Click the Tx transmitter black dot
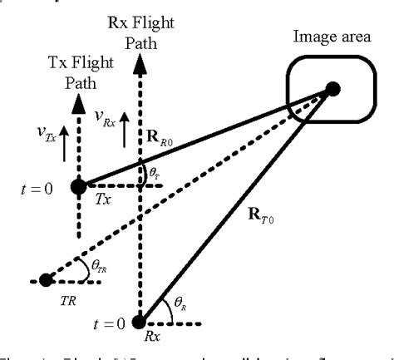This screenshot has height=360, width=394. pos(78,186)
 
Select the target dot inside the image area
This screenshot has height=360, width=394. pos(332,87)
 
